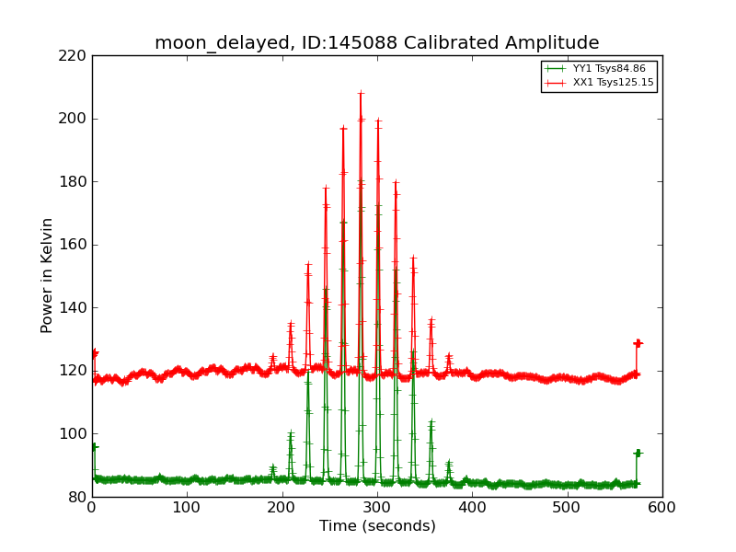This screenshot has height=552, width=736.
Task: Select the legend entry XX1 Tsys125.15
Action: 613,83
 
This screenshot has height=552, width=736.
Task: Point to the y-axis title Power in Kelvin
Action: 47,275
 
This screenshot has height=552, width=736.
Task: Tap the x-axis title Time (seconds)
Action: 377,526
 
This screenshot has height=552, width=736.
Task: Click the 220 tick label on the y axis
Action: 75,56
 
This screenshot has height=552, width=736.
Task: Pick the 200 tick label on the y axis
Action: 75,119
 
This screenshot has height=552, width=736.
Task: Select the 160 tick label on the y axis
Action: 75,245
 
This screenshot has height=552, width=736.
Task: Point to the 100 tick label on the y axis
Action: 75,434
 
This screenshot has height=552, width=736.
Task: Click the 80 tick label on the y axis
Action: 79,497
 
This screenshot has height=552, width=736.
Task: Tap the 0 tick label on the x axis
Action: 92,507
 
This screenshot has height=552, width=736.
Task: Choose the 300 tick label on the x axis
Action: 377,507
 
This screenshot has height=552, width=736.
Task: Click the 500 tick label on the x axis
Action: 567,507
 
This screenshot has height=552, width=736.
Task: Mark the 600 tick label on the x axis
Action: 661,507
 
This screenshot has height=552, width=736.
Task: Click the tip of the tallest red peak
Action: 361,93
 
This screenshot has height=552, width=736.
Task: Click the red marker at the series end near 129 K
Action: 638,343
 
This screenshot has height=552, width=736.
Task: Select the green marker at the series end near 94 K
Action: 638,454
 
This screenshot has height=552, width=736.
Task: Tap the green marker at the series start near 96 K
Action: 93,447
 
